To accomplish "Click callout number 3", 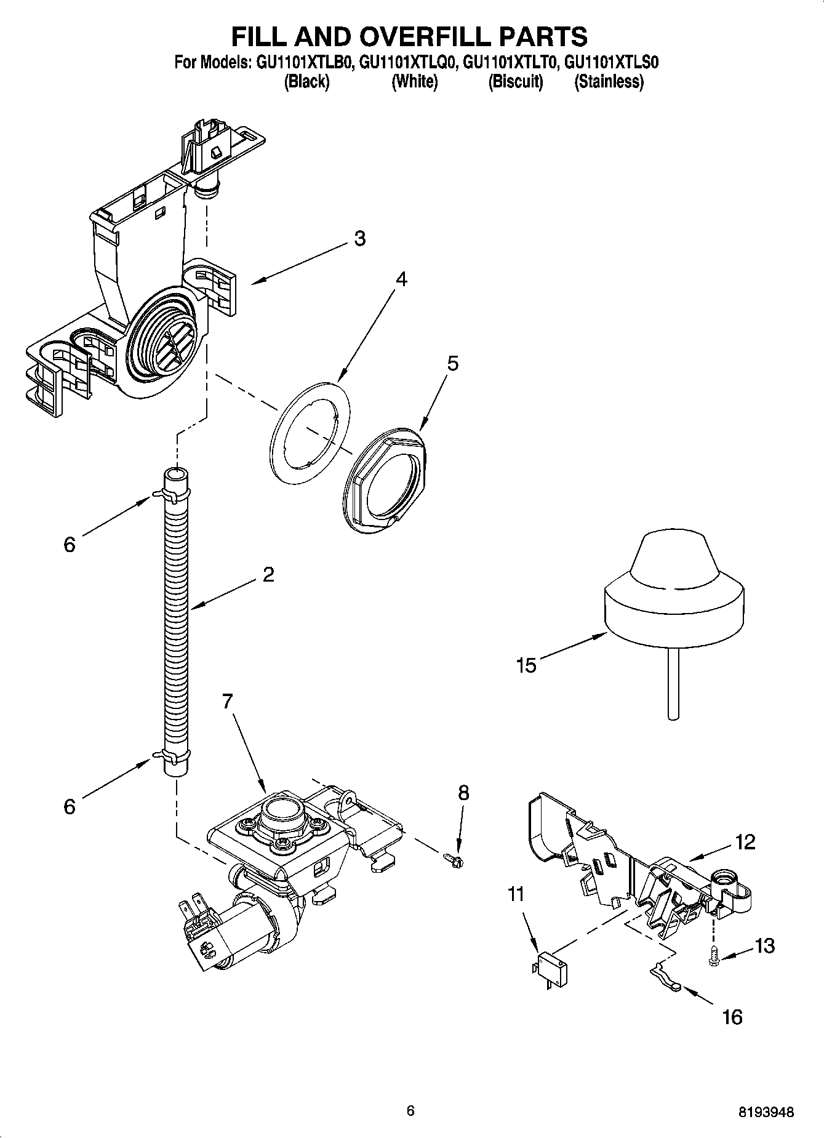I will tap(360, 238).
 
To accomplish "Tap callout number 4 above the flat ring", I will tap(401, 279).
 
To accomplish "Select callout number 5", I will tap(452, 363).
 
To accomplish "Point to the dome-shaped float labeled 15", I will tap(674, 591).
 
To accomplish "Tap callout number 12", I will tap(745, 842).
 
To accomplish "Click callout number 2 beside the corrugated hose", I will tap(268, 575).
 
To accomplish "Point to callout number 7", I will tap(228, 702).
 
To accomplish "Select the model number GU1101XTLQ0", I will tap(408, 63).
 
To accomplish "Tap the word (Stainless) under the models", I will tap(609, 82).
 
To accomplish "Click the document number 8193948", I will tap(767, 1112).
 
